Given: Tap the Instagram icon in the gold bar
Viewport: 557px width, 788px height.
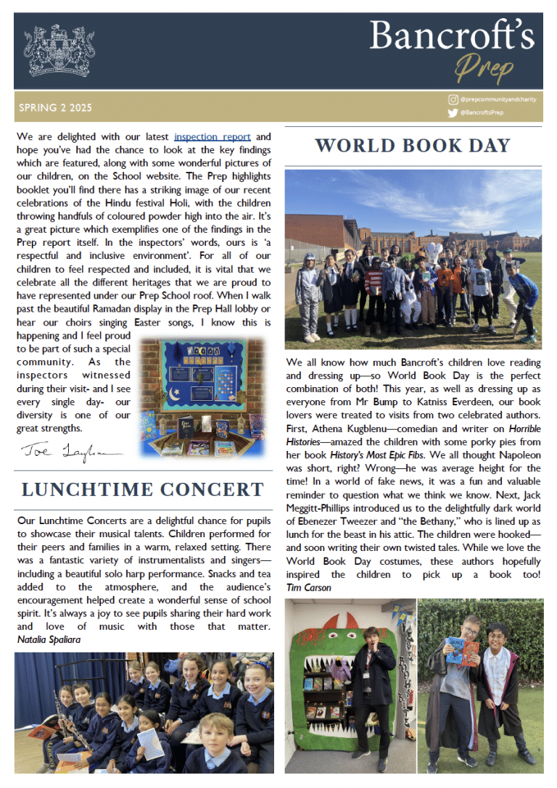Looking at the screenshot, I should tap(453, 99).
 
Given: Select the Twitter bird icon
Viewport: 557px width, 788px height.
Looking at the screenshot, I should tap(453, 112).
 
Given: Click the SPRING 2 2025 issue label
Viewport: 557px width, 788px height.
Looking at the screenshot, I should tap(55, 108).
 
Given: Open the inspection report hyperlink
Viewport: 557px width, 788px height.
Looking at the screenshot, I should tap(213, 136).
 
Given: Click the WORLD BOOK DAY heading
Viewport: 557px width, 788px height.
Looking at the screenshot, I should tap(413, 145).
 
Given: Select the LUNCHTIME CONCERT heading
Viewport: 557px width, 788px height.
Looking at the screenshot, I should tap(142, 489).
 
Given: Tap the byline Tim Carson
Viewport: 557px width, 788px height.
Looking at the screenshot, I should tap(308, 587).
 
